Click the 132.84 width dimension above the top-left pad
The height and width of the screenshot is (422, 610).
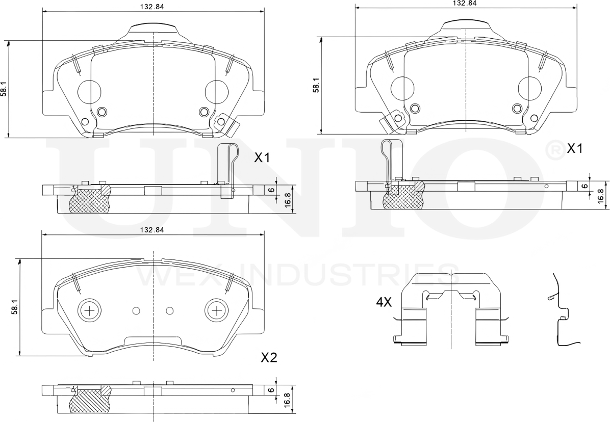coord(152,6)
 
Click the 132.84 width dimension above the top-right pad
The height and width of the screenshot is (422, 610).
coord(465,3)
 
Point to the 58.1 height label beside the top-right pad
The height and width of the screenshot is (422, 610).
coord(317,85)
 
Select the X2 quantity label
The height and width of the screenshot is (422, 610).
coord(268,358)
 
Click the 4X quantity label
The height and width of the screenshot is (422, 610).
coord(384,302)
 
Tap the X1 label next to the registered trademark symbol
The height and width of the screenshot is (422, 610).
coord(575,148)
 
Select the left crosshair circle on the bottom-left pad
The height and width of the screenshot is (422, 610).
coord(89,310)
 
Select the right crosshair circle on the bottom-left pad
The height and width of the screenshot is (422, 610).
coord(216,310)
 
